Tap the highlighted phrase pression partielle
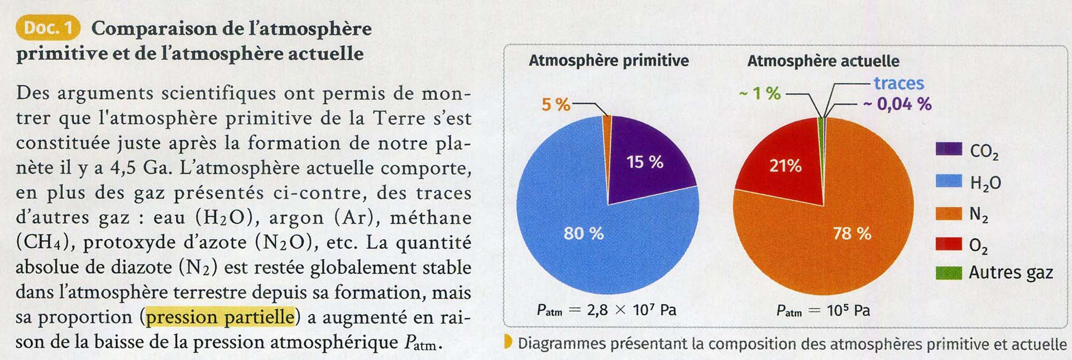pos(220,317)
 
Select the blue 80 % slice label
pos(583,233)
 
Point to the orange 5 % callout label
pos(556,104)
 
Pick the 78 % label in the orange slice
pos(852,233)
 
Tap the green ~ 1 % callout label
pos(760,93)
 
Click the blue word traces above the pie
pos(898,83)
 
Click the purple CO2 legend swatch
pos(949,150)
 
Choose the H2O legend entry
pos(985,183)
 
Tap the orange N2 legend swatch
pos(949,213)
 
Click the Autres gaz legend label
pos(1011,273)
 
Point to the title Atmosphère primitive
pos(609,60)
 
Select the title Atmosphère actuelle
pos(823,61)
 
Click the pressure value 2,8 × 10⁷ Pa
pos(631,310)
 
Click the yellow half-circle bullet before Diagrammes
pos(508,342)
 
